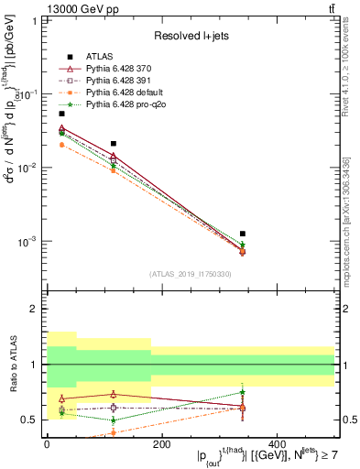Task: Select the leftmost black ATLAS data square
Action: click(x=61, y=114)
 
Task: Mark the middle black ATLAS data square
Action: click(x=113, y=144)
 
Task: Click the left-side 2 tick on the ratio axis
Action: click(x=32, y=310)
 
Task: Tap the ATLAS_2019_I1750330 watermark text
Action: click(x=191, y=274)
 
